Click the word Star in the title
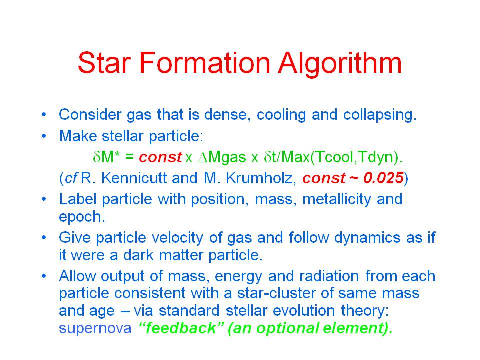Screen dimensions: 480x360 coord(104,63)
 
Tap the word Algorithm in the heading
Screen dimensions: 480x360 coord(340,64)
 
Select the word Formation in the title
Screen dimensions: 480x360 coord(205,63)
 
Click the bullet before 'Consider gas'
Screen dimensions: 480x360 coord(44,115)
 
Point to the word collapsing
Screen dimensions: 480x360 coord(380,115)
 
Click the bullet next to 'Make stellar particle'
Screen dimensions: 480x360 coord(44,136)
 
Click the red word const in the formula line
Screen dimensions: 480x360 coord(160,157)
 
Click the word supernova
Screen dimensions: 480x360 coord(95,328)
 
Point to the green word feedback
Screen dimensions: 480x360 coord(181,328)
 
